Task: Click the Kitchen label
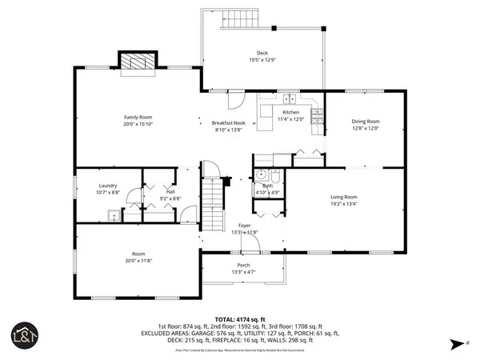click(x=290, y=113)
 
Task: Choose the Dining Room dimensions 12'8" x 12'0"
click(x=365, y=128)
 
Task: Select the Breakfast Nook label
click(x=228, y=123)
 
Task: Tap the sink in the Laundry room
click(x=113, y=215)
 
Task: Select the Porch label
click(x=242, y=265)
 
